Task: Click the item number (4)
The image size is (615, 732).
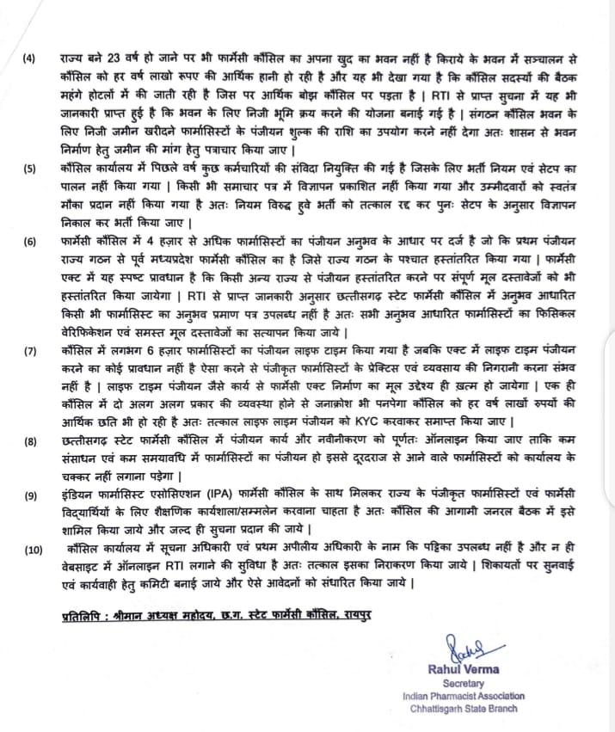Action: coord(29,58)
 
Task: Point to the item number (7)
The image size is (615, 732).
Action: coord(29,352)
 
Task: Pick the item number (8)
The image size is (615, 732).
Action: coord(29,442)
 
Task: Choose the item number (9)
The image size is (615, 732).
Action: coord(29,495)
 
